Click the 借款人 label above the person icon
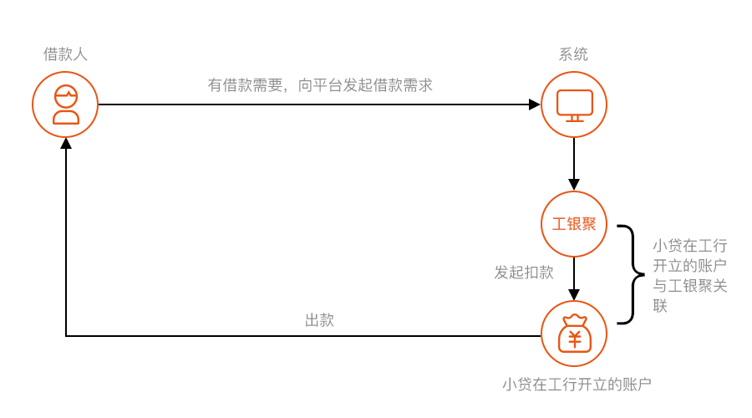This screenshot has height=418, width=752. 65,54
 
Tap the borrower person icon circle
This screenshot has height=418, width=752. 65,104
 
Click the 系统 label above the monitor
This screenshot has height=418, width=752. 573,54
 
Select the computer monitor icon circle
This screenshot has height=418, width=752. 574,104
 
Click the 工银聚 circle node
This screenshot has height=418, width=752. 574,224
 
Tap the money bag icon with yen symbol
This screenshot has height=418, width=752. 574,334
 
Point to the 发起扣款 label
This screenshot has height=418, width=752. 524,273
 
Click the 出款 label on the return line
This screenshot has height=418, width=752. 319,320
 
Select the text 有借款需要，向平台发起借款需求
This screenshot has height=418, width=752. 320,84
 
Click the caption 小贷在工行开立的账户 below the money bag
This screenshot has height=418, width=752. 577,385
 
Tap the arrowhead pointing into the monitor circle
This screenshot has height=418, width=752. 535,104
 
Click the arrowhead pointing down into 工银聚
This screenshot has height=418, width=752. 574,184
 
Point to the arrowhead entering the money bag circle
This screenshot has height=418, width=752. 574,293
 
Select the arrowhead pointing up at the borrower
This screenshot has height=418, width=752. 66,144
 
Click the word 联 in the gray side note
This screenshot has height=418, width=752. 661,306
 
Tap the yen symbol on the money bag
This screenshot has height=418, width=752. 575,339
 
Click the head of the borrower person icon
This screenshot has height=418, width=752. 66,96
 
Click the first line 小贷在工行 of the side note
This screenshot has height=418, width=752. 690,246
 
